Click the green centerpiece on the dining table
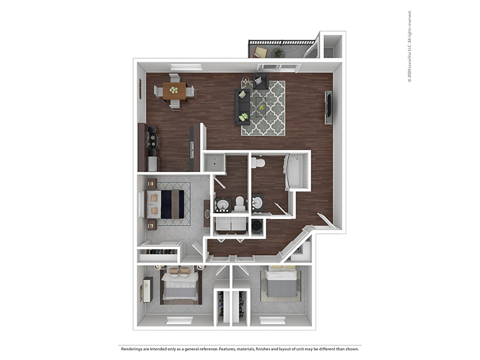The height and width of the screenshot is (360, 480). [x=174, y=90]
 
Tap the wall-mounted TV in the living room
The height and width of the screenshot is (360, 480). [x=328, y=107]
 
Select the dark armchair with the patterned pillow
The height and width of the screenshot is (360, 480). [x=260, y=81]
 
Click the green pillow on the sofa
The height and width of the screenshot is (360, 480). [x=244, y=117]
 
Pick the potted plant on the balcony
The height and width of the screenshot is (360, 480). [x=278, y=53]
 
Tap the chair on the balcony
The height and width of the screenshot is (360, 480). [x=260, y=52]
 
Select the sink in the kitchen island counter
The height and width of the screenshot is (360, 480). [x=192, y=150]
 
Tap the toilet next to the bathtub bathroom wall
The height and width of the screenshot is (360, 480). [x=258, y=162]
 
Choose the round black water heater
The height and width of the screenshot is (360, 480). [x=257, y=227]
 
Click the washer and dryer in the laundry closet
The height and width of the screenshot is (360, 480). [x=230, y=226]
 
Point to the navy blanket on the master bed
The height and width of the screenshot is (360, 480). [x=166, y=204]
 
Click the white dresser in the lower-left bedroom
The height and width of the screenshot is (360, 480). [x=148, y=290]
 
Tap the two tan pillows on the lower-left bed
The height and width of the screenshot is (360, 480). [x=179, y=271]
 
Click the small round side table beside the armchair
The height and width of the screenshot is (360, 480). [x=245, y=80]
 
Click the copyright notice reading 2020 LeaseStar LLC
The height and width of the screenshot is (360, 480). [x=409, y=47]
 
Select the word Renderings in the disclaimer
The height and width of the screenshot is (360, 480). [x=130, y=349]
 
